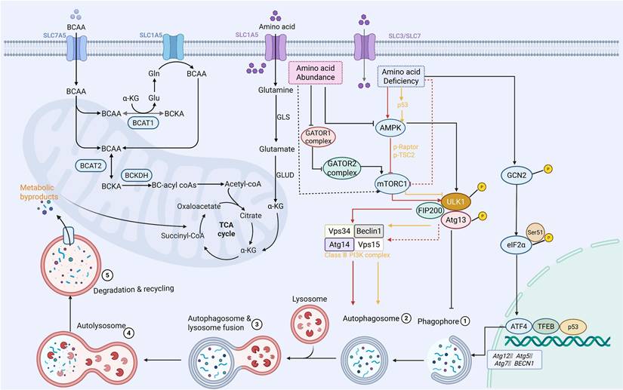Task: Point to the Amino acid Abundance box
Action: (316, 73)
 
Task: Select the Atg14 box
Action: (338, 244)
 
